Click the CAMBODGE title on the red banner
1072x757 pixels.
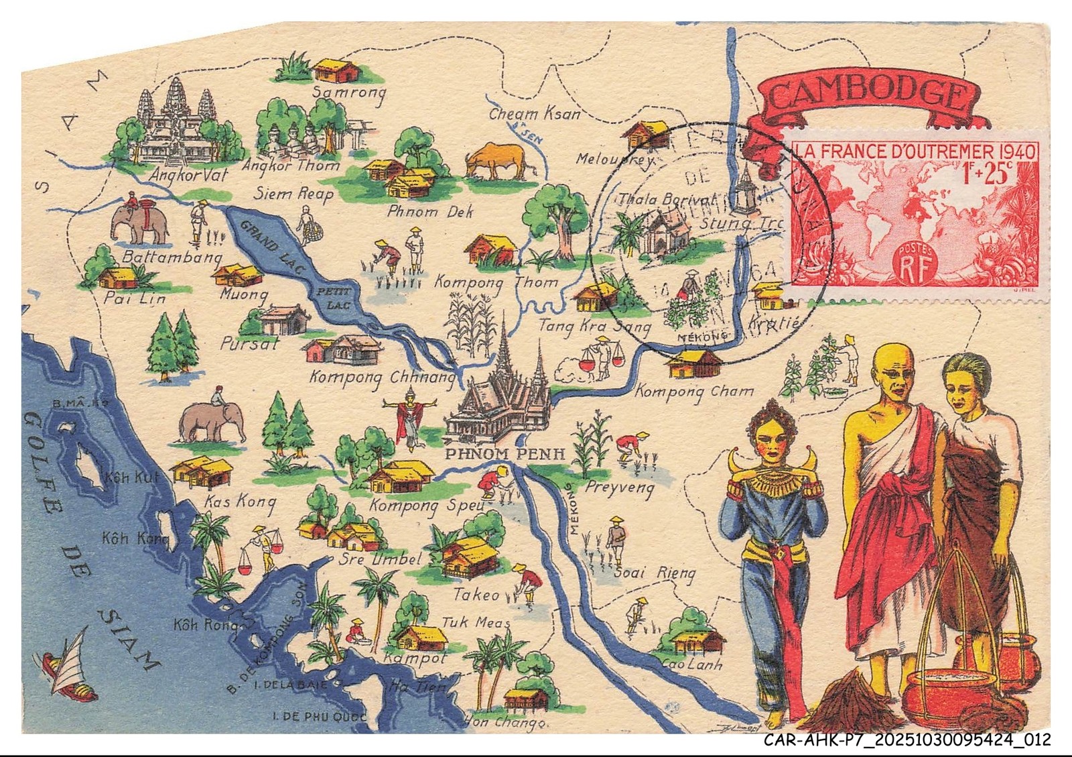[867, 94]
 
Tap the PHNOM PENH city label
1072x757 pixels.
[505, 454]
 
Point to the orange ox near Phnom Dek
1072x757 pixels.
[499, 161]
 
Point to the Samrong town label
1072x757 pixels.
[350, 93]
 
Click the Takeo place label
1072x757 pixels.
[476, 595]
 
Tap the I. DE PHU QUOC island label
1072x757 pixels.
[319, 717]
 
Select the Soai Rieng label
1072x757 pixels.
[655, 573]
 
